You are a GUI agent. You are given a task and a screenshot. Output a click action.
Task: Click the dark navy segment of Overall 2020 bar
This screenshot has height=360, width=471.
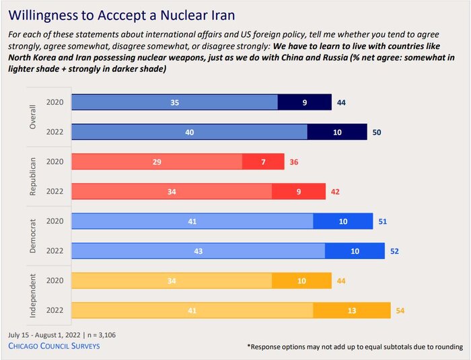[304, 102]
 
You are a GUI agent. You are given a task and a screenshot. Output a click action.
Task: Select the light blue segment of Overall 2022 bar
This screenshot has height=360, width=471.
[189, 132]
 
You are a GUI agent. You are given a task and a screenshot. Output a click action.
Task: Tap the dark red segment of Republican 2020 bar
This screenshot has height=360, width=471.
[263, 161]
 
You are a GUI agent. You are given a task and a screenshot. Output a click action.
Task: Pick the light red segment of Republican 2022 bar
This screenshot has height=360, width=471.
[171, 192]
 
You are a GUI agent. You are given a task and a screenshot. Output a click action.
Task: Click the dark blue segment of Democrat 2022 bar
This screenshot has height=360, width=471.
[355, 251]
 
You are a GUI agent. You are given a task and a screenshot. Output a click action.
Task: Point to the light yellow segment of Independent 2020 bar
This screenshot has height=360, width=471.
[171, 281]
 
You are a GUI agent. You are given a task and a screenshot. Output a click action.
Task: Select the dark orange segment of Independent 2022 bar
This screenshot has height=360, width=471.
[351, 311]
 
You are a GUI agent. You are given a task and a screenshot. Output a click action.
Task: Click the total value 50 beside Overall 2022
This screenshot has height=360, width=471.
[377, 132]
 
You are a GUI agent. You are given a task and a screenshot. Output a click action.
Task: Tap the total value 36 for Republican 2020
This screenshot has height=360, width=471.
[295, 161]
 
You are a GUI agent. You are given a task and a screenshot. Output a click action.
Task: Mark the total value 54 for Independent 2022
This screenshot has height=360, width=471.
[401, 311]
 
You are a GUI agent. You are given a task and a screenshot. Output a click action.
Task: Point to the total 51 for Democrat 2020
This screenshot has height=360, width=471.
[383, 221]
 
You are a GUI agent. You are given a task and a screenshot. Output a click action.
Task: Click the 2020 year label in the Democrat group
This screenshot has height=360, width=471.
[55, 221]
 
